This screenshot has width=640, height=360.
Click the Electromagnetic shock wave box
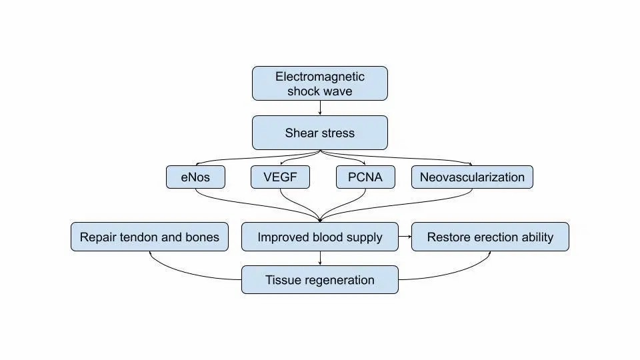(x=320, y=83)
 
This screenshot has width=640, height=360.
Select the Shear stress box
(x=320, y=133)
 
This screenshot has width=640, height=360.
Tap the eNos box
(x=195, y=177)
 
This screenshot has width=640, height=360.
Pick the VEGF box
(x=280, y=177)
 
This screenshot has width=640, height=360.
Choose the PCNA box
(x=365, y=177)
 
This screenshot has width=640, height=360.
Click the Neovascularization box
(x=472, y=177)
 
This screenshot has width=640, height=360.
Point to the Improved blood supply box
(x=320, y=237)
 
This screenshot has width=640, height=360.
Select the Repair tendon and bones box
(x=149, y=237)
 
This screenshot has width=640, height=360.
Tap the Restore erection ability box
(x=490, y=237)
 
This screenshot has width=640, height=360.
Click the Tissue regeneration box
(x=320, y=280)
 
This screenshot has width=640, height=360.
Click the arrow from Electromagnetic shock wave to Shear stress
(x=320, y=108)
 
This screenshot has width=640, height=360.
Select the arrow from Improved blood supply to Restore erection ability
(x=405, y=237)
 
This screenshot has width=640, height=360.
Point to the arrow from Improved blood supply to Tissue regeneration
(x=320, y=258)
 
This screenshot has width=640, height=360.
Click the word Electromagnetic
(x=320, y=77)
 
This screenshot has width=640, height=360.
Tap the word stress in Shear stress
(x=337, y=133)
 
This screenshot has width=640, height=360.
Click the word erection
(x=490, y=237)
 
